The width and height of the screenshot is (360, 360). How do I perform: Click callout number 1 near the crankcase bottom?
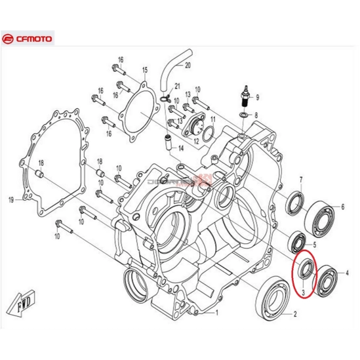pyautogui.click(x=215, y=313)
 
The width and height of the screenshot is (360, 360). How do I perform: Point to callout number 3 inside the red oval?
pyautogui.click(x=304, y=290)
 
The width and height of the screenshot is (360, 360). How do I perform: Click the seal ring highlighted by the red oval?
pyautogui.click(x=304, y=270)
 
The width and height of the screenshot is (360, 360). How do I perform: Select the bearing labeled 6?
pyautogui.click(x=321, y=214)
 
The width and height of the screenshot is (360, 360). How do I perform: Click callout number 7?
pyautogui.click(x=301, y=179)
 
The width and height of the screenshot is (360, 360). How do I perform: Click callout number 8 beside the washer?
pyautogui.click(x=256, y=115)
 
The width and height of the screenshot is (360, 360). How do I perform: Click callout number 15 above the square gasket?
pyautogui.click(x=145, y=70)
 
